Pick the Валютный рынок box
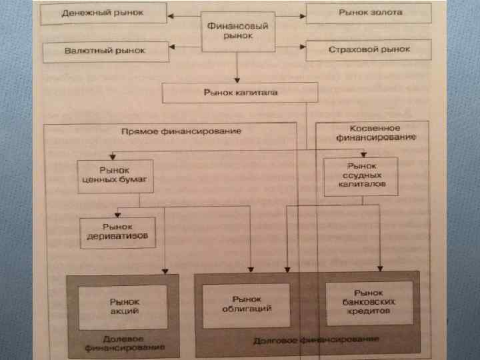click(105, 51)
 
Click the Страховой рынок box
click(369, 50)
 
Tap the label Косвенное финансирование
click(374, 132)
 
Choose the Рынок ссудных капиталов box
click(361, 176)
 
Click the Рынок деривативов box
click(117, 232)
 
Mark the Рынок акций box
click(123, 306)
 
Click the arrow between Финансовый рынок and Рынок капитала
click(237, 67)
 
